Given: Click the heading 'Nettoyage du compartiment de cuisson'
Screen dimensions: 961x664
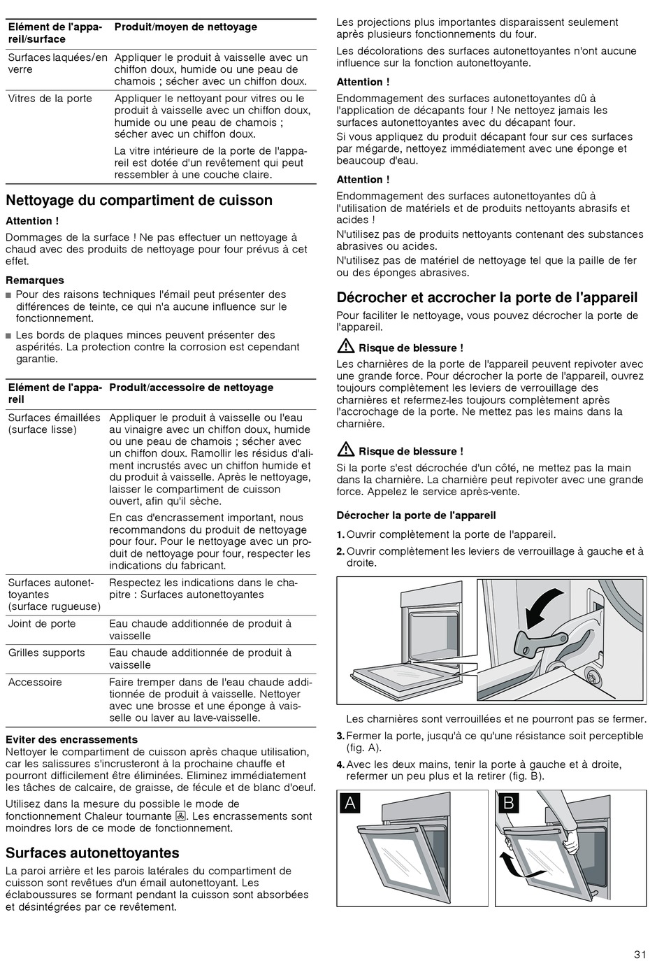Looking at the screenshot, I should click(x=139, y=201).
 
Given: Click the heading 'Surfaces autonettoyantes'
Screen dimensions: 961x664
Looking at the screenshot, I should click(x=92, y=853).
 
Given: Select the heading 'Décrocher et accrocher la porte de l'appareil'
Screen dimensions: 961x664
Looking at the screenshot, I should click(x=486, y=297).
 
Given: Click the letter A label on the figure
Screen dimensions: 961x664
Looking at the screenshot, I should click(x=350, y=803).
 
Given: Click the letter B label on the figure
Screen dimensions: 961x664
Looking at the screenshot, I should click(x=508, y=803).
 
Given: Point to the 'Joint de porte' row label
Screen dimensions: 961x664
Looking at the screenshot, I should click(x=42, y=624).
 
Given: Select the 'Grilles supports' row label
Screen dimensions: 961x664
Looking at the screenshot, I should click(x=46, y=653).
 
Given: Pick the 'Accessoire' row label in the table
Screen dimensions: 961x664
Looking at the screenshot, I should click(x=35, y=683).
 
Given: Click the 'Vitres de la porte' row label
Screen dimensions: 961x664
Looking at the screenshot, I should click(x=50, y=99).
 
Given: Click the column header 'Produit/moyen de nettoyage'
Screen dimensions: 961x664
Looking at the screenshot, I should click(x=185, y=27).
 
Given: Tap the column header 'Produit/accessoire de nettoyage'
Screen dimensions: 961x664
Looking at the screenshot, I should click(x=191, y=387).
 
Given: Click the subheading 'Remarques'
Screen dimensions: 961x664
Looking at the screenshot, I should click(x=34, y=280).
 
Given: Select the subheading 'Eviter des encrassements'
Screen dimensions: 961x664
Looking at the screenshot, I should click(x=71, y=739).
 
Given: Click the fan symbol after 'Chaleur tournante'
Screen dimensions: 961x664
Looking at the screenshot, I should click(x=180, y=816).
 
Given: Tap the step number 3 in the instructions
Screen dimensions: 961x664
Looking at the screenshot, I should click(x=340, y=736).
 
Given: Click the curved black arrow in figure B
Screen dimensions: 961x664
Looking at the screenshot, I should click(x=518, y=867).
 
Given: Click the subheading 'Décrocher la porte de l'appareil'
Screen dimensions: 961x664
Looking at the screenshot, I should click(x=416, y=515).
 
